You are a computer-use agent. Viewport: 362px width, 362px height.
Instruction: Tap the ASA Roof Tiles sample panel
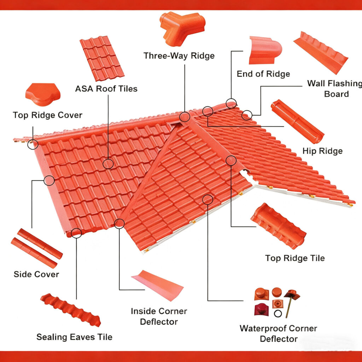pos(102,58)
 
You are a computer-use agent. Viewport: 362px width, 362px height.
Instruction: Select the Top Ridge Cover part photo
pos(43,94)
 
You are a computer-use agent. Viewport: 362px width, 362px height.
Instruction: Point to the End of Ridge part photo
pos(265,50)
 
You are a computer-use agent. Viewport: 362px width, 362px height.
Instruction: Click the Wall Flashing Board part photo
pos(321,53)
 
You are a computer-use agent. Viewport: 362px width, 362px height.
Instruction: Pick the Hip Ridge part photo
pos(298,122)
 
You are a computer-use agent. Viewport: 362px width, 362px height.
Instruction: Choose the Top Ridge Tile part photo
pos(279,226)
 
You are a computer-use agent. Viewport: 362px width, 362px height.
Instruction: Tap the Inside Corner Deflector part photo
pos(157,285)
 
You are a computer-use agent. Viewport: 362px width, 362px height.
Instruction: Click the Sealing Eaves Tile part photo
pos(70,310)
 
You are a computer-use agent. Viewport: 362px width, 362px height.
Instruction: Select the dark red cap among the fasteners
pos(262,309)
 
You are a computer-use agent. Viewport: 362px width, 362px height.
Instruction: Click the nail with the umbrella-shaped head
pos(291,303)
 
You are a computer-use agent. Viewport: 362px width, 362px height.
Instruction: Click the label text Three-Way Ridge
pos(179,56)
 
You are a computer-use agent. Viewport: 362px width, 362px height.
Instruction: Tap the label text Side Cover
pos(36,274)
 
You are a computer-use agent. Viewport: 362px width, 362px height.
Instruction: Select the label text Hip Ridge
pos(322,151)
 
